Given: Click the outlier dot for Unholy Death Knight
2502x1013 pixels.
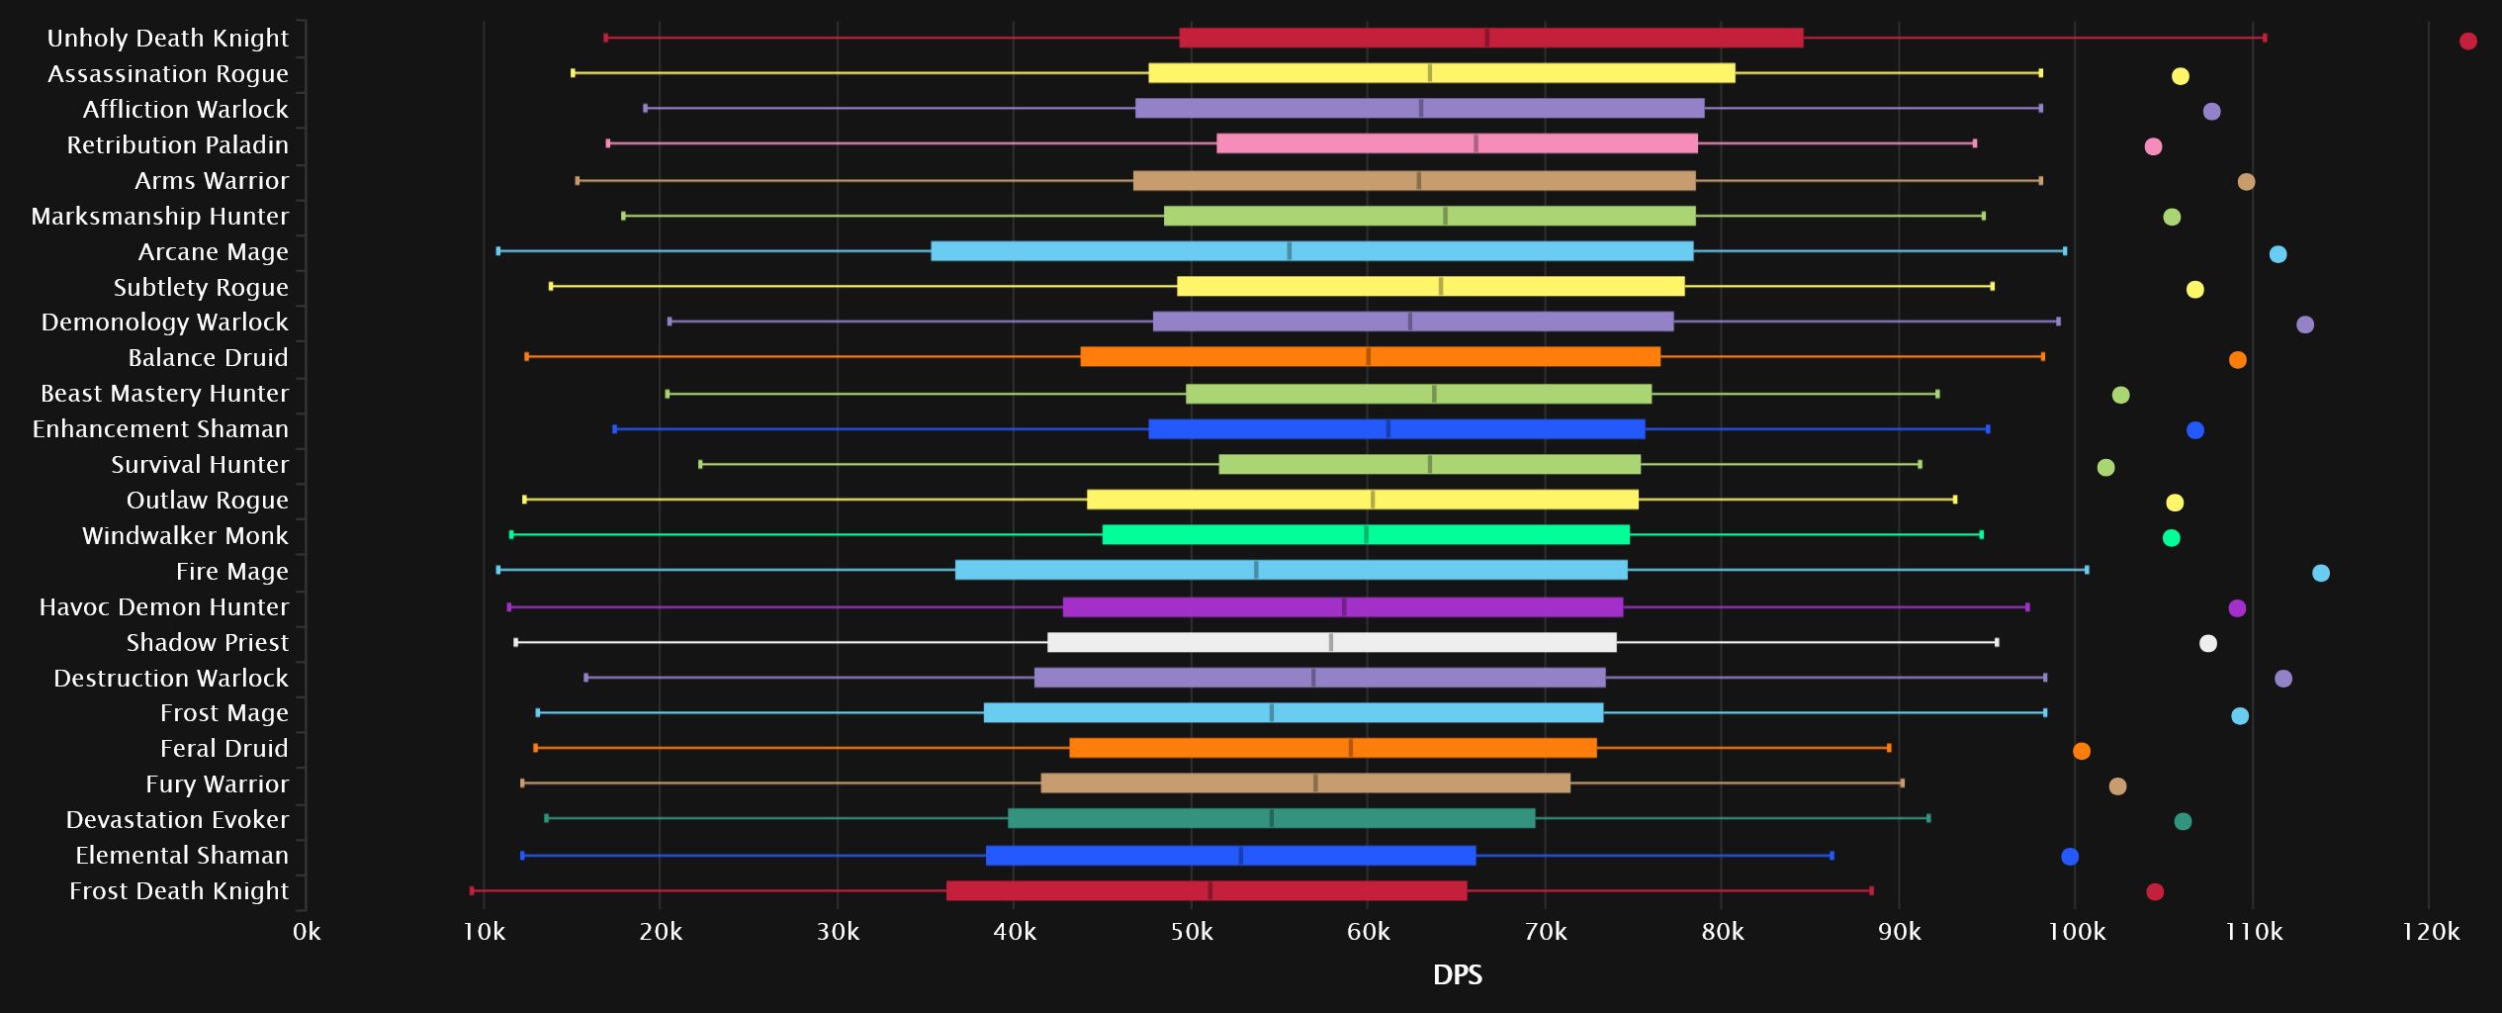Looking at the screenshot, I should tap(2467, 41).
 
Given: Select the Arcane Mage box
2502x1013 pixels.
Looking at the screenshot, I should tap(1311, 251).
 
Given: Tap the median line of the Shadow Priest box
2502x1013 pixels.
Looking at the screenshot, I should tap(1331, 642).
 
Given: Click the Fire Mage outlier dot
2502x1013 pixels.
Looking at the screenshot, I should tap(2321, 573).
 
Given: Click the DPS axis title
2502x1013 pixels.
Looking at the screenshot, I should tap(1457, 975).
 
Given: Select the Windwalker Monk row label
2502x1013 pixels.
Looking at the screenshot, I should tap(185, 535).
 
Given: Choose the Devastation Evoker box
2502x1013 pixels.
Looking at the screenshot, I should tap(1271, 818).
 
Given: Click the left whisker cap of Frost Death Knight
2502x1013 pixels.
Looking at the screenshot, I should tap(472, 890).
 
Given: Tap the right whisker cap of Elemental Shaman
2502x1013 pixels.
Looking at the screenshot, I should tap(1832, 856).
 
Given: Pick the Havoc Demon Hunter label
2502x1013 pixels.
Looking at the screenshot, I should tap(163, 606).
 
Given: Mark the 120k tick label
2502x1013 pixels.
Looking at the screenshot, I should tap(2430, 931).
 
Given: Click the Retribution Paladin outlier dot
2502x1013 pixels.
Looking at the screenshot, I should tap(2153, 146).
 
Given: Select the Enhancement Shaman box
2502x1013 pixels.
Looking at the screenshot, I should tap(1396, 429).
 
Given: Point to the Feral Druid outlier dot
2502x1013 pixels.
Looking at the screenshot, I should tap(2082, 751).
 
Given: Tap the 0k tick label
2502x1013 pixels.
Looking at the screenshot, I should tap(307, 931).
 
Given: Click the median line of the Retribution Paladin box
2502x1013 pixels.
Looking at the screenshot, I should tap(1475, 143).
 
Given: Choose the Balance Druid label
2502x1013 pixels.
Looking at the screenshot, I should tap(208, 357).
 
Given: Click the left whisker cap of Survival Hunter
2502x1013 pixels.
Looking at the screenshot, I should tap(700, 464).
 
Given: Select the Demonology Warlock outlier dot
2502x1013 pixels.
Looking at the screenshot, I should tap(2305, 324).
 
